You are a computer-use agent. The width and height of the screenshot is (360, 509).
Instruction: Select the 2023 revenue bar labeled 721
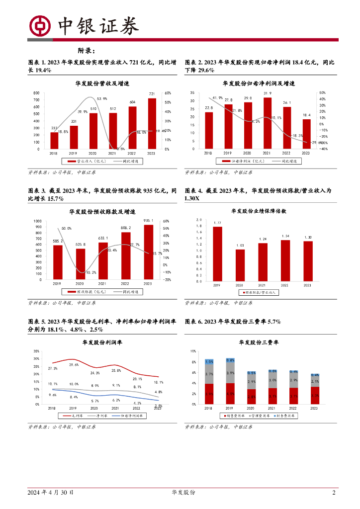pos(152,124)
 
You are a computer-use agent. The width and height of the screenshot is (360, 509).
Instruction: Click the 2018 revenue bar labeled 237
pos(54,141)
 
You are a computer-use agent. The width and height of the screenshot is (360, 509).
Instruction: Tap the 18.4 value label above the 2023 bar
pos(306,115)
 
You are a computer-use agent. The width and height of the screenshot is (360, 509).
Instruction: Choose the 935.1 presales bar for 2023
pos(148,253)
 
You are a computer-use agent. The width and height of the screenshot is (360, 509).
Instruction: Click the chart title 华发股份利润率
pos(102,342)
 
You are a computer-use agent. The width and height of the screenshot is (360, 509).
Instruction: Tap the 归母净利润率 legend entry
pos(128,416)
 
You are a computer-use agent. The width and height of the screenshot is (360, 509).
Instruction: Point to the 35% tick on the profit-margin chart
pos(36,350)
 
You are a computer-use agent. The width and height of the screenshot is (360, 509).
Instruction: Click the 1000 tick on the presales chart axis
pos(37,221)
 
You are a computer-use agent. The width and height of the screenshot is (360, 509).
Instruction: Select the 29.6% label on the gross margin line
pos(74,364)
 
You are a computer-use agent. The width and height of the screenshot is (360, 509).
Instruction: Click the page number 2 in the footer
pos(334,493)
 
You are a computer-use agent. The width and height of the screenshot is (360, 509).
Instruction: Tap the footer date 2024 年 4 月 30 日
pos(52,493)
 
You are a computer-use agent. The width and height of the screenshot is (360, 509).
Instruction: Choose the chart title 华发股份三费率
pos(259,342)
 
